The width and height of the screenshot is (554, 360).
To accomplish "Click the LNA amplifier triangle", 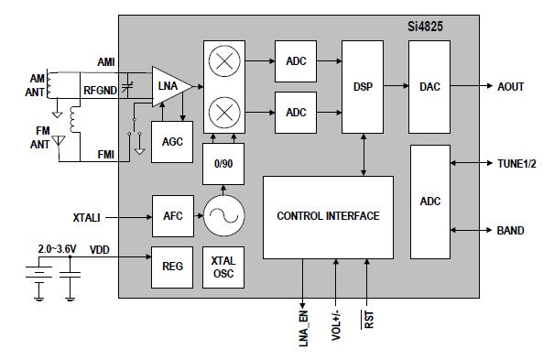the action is click(169, 86).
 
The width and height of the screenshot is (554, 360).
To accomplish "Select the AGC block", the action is click(172, 142).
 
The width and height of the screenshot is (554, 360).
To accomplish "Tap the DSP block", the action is click(363, 87).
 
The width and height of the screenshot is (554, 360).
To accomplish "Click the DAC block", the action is click(429, 87).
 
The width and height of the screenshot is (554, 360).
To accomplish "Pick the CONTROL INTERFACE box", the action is click(328, 217).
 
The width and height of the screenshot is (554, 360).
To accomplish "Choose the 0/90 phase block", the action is click(223, 164).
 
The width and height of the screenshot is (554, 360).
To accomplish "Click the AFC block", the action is click(173, 216).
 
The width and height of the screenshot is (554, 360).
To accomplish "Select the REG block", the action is click(172, 267).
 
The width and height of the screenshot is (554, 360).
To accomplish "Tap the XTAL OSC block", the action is click(223, 267).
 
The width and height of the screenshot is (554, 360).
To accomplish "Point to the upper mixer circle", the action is click(224, 61).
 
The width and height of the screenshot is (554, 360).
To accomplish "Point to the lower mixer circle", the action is click(224, 113).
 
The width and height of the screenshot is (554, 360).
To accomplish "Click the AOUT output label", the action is click(511, 86).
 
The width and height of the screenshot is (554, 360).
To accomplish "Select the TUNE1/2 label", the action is click(516, 164).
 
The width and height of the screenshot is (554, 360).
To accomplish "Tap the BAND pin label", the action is click(511, 231).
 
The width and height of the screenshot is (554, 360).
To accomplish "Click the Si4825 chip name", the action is click(425, 27).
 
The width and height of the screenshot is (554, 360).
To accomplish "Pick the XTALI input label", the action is click(87, 218).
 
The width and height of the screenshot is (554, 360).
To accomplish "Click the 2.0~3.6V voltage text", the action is click(58, 249).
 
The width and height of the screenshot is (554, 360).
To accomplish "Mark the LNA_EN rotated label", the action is click(303, 328).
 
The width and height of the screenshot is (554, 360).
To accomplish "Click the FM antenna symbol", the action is click(59, 141).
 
